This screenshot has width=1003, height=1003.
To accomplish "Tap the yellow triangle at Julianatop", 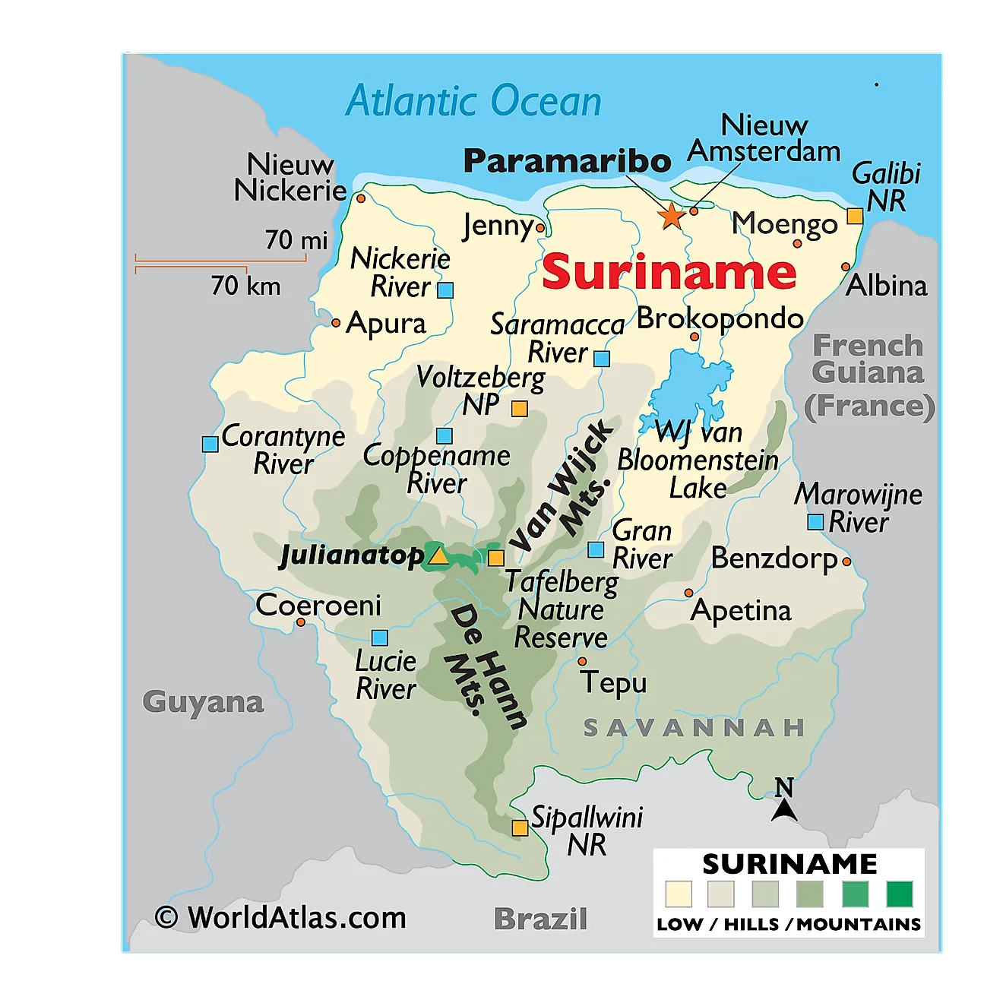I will [x=438, y=555].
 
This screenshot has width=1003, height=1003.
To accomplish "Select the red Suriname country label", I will [x=669, y=272].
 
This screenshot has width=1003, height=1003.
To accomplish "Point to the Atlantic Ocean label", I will [x=473, y=101].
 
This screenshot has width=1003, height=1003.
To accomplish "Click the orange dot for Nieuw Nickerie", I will [x=361, y=198].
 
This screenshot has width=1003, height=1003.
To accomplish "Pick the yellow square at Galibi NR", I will [x=855, y=216].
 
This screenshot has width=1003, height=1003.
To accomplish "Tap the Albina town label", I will [x=887, y=286].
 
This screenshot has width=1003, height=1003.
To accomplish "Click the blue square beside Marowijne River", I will [x=815, y=522].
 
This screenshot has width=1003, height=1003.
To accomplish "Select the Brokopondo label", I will [x=720, y=318].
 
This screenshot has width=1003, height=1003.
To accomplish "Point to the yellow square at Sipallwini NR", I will [x=520, y=827].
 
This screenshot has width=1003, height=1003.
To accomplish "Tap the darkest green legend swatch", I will [x=900, y=894].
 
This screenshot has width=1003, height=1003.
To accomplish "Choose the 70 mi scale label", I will [x=296, y=240].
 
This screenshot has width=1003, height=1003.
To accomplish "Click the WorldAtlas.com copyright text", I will [x=280, y=917].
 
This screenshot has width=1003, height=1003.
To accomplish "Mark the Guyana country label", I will [x=203, y=701].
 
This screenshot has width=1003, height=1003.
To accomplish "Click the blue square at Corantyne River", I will [x=210, y=444].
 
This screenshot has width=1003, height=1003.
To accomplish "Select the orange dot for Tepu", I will [x=582, y=662].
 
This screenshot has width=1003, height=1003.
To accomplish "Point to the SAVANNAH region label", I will [x=694, y=727].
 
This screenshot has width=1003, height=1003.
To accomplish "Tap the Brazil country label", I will [x=540, y=919].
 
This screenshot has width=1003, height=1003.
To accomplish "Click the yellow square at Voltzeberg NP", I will [x=519, y=409].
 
